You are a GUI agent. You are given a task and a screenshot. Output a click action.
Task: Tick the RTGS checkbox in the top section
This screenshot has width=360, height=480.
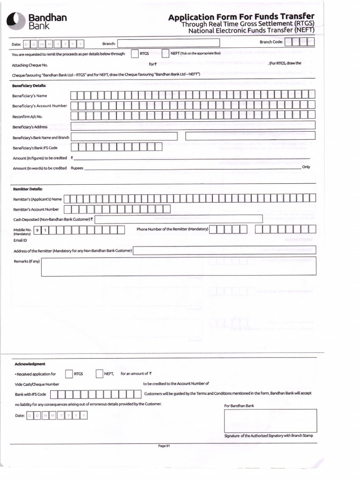tap(135, 54)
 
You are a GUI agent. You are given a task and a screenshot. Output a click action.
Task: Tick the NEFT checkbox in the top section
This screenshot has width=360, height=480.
tap(165, 54)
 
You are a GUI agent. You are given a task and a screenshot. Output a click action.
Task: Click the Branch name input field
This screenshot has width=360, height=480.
tap(168, 44)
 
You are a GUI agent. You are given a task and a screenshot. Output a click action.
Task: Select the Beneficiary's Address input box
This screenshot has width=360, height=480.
tap(193, 126)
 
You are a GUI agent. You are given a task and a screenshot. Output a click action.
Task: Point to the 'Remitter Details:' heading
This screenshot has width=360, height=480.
tap(28, 189)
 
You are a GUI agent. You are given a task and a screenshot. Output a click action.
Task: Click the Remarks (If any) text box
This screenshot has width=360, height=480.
tap(179, 266)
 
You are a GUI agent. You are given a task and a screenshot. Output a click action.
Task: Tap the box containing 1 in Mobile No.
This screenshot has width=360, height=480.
tap(45, 230)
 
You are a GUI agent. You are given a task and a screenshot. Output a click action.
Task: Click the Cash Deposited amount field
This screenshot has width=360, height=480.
tap(178, 219)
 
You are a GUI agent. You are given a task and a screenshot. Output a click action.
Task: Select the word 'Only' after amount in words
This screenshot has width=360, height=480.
tap(306, 167)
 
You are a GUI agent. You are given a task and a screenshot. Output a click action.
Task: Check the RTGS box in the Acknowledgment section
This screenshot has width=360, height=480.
tap(69, 374)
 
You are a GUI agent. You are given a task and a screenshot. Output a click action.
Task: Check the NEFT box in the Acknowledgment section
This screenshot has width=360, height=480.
tap(99, 374)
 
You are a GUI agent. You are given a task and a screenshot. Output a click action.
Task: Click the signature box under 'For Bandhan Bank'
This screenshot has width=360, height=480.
tap(270, 420)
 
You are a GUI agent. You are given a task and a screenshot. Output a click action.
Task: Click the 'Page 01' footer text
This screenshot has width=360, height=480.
tap(164, 446)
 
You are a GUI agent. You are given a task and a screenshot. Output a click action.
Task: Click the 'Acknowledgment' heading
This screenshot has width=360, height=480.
tap(30, 364)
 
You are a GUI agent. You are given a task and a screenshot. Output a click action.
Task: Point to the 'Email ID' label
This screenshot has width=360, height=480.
tap(20, 240)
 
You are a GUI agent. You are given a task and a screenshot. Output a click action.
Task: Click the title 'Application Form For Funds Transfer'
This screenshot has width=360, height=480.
tap(241, 17)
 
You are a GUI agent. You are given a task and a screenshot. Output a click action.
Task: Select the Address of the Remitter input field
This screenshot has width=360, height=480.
tap(225, 250)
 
